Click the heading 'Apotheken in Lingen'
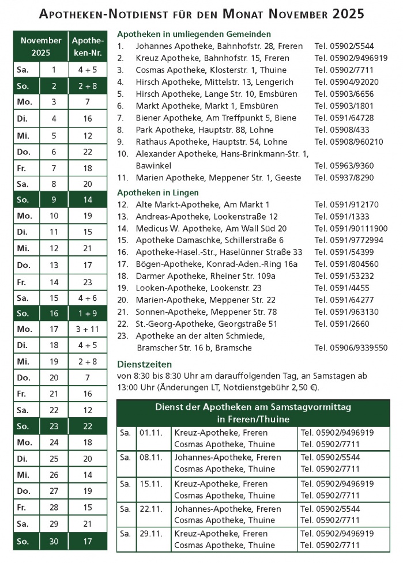[x=157, y=192]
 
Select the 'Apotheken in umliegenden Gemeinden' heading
[x=194, y=34]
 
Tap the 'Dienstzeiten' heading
[x=144, y=364]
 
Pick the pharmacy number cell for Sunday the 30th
[x=87, y=542]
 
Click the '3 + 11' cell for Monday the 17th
[x=87, y=329]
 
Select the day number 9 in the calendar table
[x=54, y=199]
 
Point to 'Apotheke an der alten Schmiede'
[x=200, y=336]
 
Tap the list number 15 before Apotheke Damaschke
[x=122, y=240]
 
